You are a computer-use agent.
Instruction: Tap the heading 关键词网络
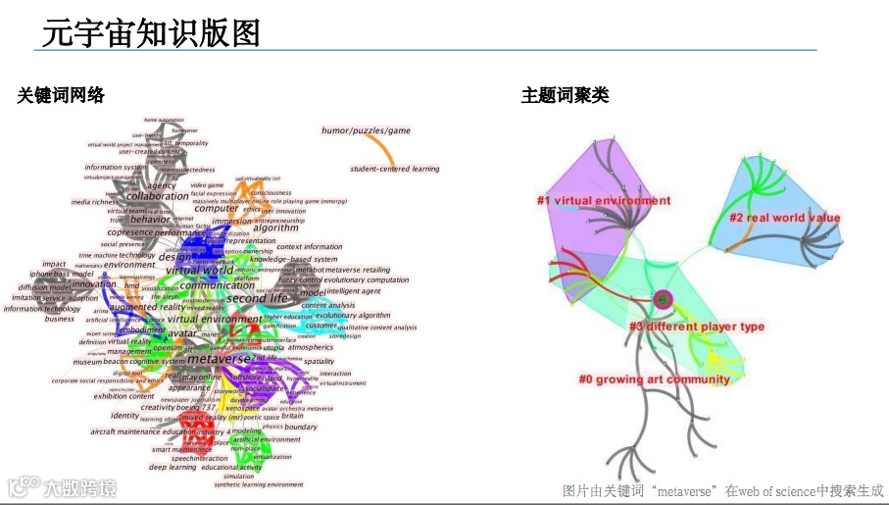tap(61, 95)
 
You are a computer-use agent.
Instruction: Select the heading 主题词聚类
tap(565, 95)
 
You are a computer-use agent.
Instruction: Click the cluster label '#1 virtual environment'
tap(603, 201)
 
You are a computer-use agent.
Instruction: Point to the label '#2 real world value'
tap(783, 218)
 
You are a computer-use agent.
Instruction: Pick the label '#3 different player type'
tap(696, 327)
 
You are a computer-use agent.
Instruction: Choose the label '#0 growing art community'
tap(654, 379)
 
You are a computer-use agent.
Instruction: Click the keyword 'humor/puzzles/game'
tap(366, 130)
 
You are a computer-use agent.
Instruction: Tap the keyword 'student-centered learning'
tap(395, 169)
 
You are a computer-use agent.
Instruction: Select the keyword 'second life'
tap(259, 298)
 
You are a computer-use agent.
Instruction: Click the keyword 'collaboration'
tap(158, 196)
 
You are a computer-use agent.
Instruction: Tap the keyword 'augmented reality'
tap(148, 307)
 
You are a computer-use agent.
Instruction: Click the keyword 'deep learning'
tap(173, 467)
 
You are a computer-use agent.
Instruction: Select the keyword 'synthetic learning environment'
tap(259, 484)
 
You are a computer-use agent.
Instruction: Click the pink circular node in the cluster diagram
tap(663, 298)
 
